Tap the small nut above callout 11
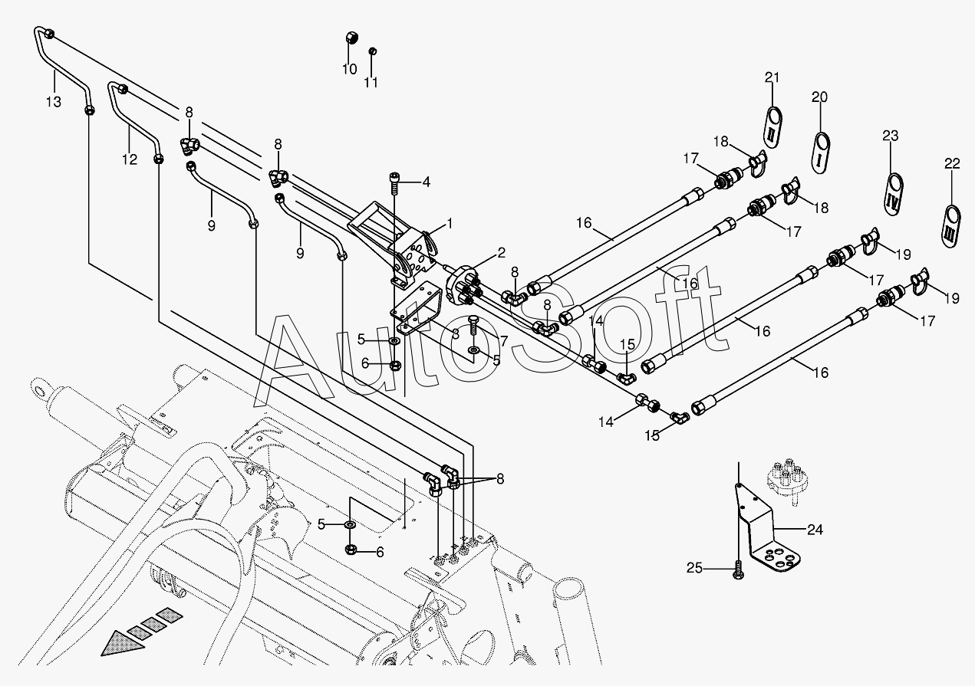pos(372,51)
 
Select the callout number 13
pos(53,103)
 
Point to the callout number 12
pos(128,159)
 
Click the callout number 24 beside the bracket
pos(815,529)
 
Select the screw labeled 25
pos(738,571)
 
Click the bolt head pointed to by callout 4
pos(394,179)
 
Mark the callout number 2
pos(501,252)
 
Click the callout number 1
pos(450,224)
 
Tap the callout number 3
pos(455,333)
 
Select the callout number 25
pos(694,568)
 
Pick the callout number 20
pos(820,97)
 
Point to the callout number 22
pos(952,163)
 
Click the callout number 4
pos(426,182)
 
